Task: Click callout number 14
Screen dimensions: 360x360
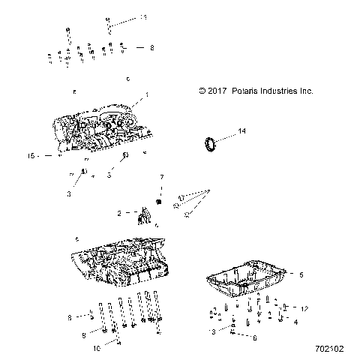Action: click(x=241, y=132)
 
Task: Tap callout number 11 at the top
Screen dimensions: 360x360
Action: click(x=144, y=16)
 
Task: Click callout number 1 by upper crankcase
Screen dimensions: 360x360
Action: click(x=147, y=96)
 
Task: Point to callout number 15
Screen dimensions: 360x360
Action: click(x=31, y=156)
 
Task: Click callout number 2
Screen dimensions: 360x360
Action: click(x=118, y=214)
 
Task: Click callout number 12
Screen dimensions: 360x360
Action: click(x=304, y=309)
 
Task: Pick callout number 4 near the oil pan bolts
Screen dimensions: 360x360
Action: click(x=295, y=322)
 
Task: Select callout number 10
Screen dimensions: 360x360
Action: click(x=96, y=349)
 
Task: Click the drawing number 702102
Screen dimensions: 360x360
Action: click(x=329, y=349)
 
